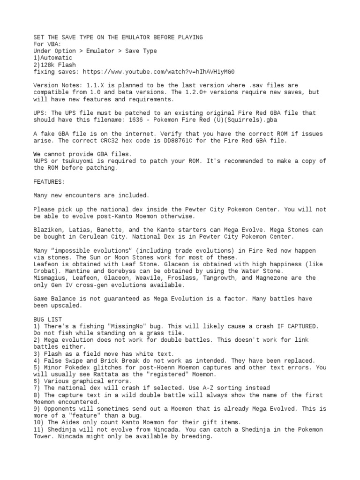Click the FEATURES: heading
point(49,181)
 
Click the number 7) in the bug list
point(37,388)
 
